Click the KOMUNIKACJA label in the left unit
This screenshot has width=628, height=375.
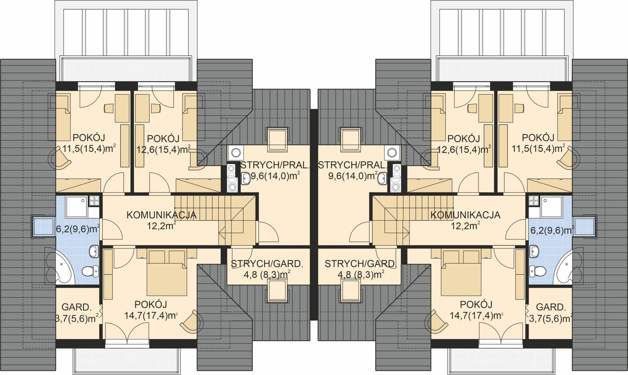click(x=161, y=215)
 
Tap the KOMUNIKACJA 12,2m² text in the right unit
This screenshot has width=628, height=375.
click(x=465, y=220)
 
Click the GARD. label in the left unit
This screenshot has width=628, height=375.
click(x=77, y=307)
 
